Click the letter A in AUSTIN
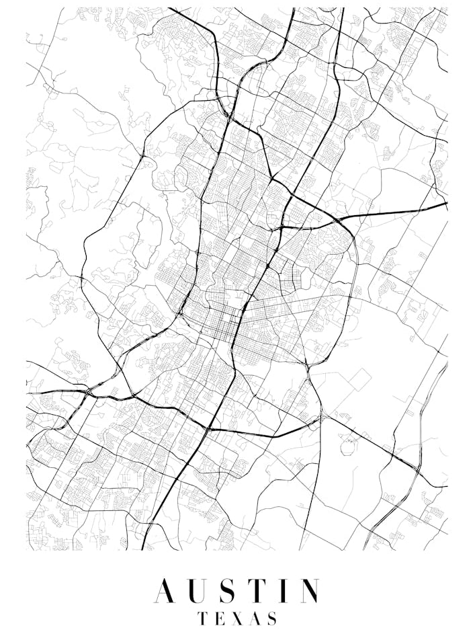click(167, 591)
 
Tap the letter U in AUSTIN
click(202, 591)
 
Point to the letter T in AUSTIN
click(263, 591)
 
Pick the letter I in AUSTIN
click(287, 591)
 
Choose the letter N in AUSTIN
click(309, 591)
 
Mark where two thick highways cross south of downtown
click(209, 428)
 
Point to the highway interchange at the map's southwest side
click(88, 391)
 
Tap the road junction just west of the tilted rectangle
click(308, 369)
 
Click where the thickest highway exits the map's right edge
click(446, 204)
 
